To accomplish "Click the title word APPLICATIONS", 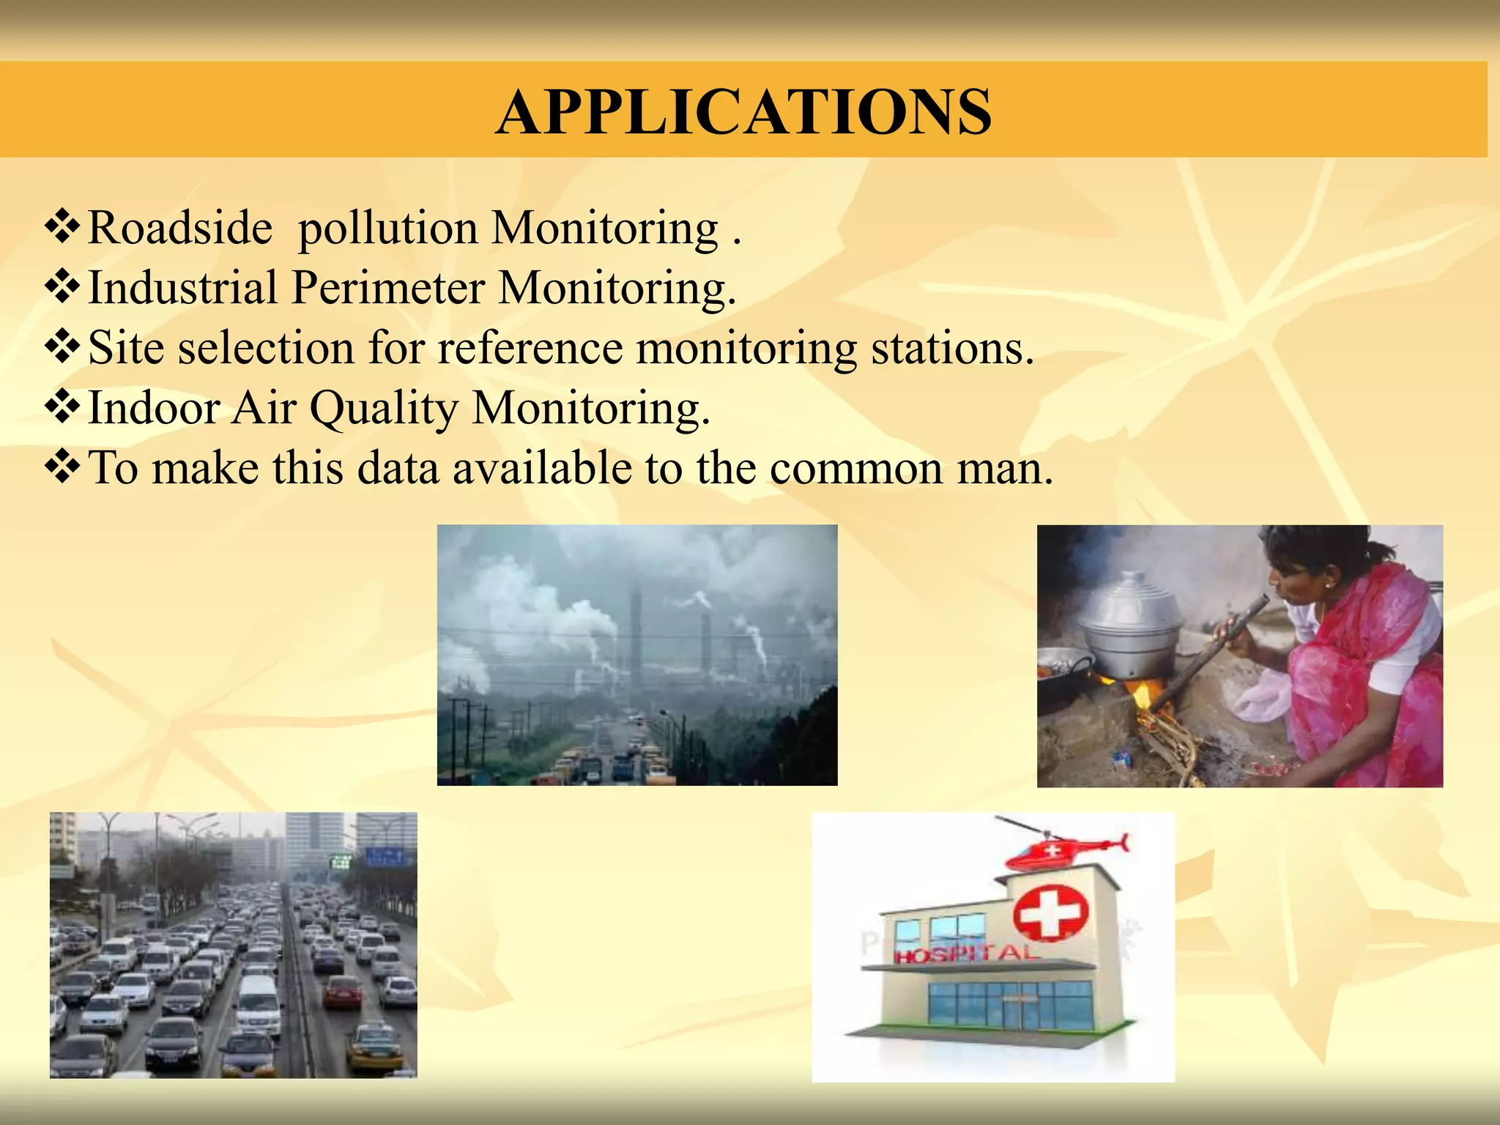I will [743, 112].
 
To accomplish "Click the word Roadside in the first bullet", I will [179, 228].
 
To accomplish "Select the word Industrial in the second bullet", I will [182, 288].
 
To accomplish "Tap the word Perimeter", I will [388, 288].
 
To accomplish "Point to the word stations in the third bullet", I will [951, 348].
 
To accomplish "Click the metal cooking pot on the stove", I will [1132, 626].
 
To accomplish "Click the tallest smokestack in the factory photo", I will [636, 630].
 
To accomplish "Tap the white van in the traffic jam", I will [259, 1003].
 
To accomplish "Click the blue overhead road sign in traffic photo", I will [384, 857].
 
